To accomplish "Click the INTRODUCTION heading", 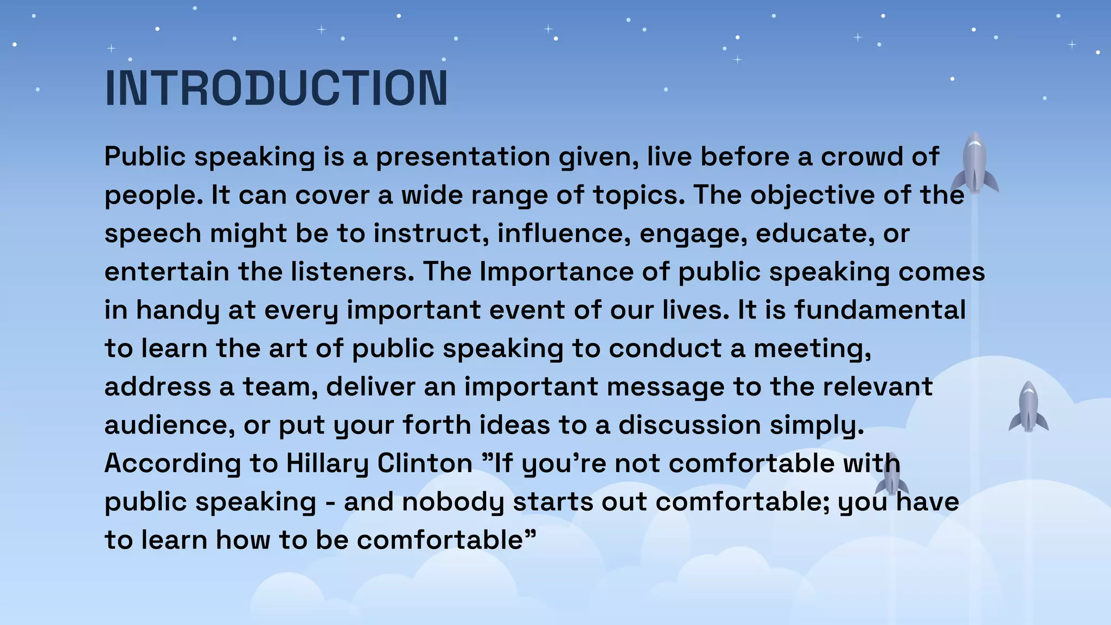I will (x=276, y=88).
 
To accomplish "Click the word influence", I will (x=564, y=234).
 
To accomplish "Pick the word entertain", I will (x=167, y=272).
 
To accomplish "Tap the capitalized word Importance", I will (x=556, y=272).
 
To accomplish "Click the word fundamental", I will (x=880, y=310).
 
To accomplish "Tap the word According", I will (x=173, y=464).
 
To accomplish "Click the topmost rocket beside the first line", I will (x=974, y=163).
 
